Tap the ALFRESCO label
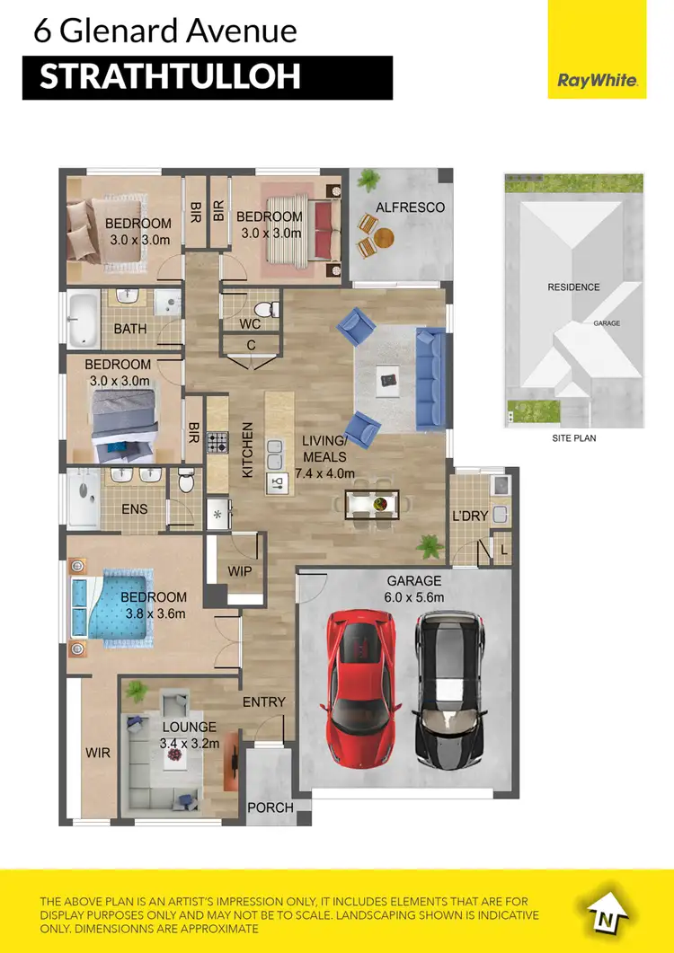(410, 207)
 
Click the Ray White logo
(598, 81)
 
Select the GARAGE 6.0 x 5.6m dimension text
(414, 589)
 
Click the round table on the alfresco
(385, 238)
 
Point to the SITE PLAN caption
(573, 438)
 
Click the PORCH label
(270, 807)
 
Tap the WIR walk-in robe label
(98, 752)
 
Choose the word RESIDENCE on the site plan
(573, 287)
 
